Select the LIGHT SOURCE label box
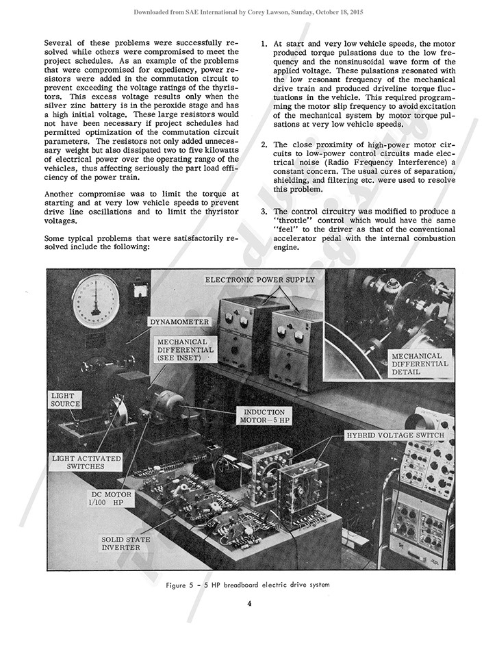pos(66,400)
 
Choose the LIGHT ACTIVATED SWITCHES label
pos(86,461)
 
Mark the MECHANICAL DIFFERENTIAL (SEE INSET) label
pos(186,349)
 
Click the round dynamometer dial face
pos(96,302)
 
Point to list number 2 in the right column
pos(265,145)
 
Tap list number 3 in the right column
pos(265,212)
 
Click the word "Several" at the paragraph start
pos(59,42)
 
